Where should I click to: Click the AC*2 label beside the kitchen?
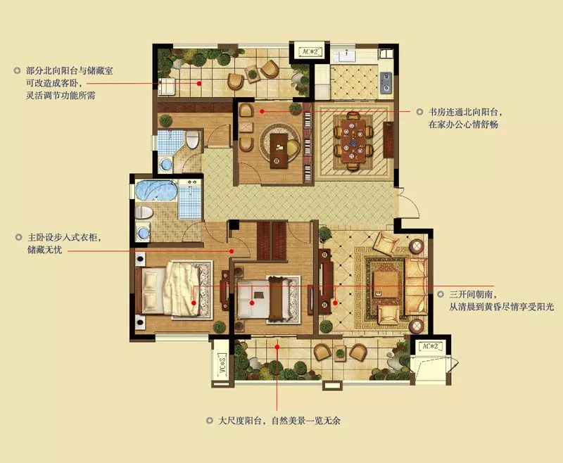[310, 51]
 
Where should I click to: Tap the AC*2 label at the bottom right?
[431, 347]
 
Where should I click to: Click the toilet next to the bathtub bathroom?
[144, 213]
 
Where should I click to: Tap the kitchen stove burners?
[386, 82]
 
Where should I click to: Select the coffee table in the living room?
[386, 284]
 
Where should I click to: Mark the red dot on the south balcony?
[277, 347]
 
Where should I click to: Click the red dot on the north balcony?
[199, 84]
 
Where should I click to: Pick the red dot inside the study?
[262, 112]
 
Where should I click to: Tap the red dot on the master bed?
[194, 303]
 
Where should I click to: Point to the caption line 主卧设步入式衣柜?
[64, 237]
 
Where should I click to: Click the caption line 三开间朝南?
[473, 295]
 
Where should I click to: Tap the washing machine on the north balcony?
[167, 87]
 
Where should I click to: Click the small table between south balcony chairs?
[340, 353]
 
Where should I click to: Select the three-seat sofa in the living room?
[416, 286]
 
